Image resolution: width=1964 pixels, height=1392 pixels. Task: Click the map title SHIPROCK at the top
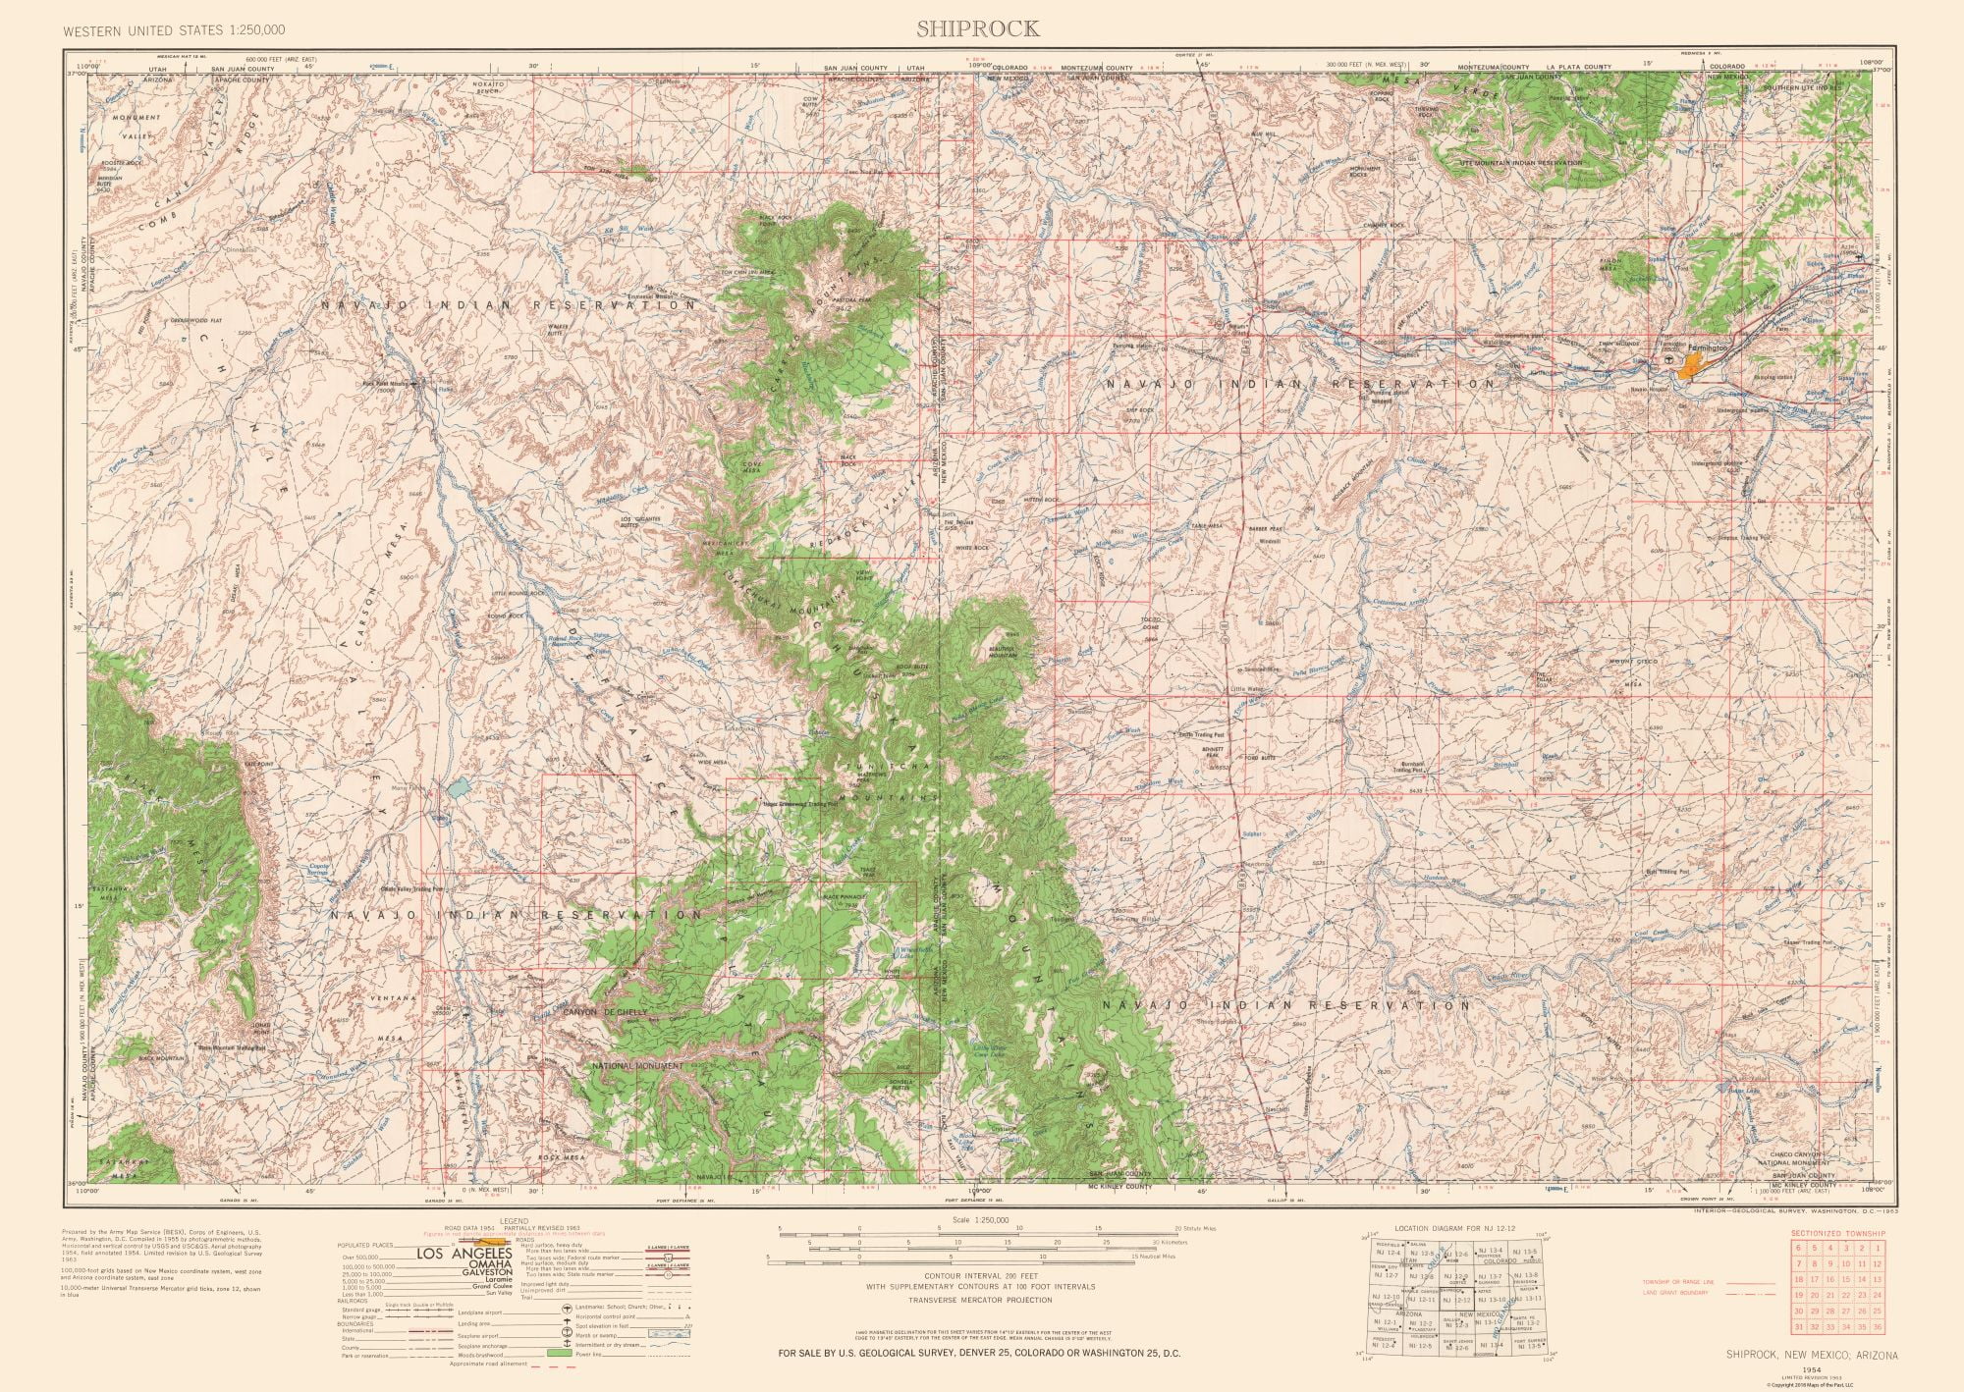(x=977, y=28)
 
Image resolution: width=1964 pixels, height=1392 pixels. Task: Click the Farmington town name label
(x=1707, y=348)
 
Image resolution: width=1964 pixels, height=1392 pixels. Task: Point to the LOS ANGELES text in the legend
(x=464, y=1254)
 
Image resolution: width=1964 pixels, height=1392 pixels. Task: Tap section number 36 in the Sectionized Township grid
(x=1877, y=1356)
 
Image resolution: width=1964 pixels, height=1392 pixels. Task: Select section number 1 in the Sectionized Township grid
(x=1877, y=1248)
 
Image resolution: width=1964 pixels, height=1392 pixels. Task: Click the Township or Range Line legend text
(x=1680, y=1282)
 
